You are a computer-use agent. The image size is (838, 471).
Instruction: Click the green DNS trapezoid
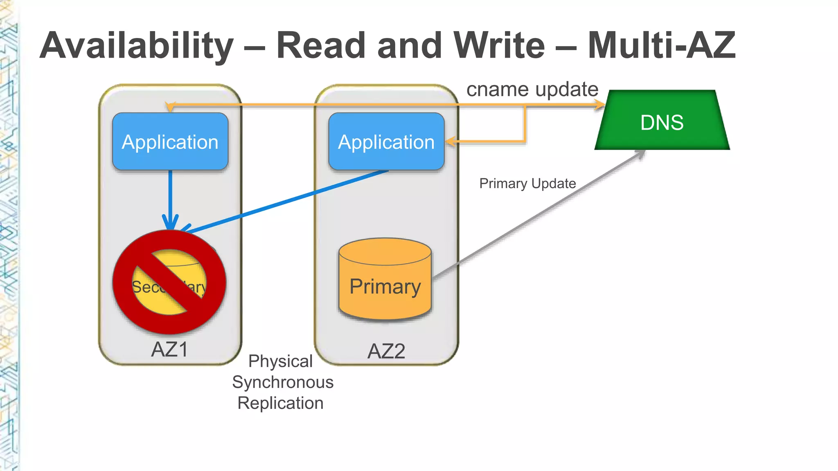click(662, 121)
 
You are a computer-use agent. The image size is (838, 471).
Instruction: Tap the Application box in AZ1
click(170, 141)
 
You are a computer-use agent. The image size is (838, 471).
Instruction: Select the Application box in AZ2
click(386, 141)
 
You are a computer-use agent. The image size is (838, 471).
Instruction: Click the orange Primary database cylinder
click(385, 282)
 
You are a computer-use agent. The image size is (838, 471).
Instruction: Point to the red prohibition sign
click(169, 282)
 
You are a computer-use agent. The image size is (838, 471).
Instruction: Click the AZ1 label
click(169, 350)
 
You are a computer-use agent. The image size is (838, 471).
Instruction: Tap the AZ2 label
click(386, 351)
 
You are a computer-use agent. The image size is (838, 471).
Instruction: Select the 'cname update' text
click(532, 89)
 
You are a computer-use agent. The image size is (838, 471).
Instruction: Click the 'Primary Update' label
click(527, 184)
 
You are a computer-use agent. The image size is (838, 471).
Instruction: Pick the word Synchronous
click(283, 382)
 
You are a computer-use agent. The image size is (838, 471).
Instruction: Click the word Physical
click(280, 361)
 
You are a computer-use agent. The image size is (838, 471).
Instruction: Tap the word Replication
click(280, 403)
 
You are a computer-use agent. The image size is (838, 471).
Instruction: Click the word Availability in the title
click(137, 46)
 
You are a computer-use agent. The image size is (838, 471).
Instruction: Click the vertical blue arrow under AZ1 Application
click(170, 196)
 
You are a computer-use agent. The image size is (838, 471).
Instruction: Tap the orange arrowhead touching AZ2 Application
click(451, 142)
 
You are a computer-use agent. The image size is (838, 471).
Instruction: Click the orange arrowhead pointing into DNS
click(599, 105)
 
